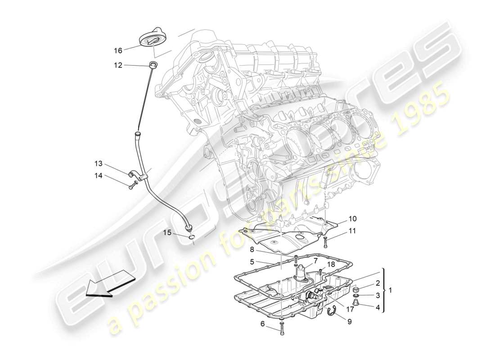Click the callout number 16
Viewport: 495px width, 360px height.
(x=118, y=50)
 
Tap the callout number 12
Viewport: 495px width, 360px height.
(x=118, y=65)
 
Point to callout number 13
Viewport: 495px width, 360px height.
(x=99, y=163)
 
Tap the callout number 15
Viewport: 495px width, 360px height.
(x=167, y=233)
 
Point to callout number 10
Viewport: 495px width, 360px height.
(x=352, y=219)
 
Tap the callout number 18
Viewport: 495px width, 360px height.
(x=331, y=264)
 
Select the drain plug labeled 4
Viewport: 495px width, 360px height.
(x=355, y=302)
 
